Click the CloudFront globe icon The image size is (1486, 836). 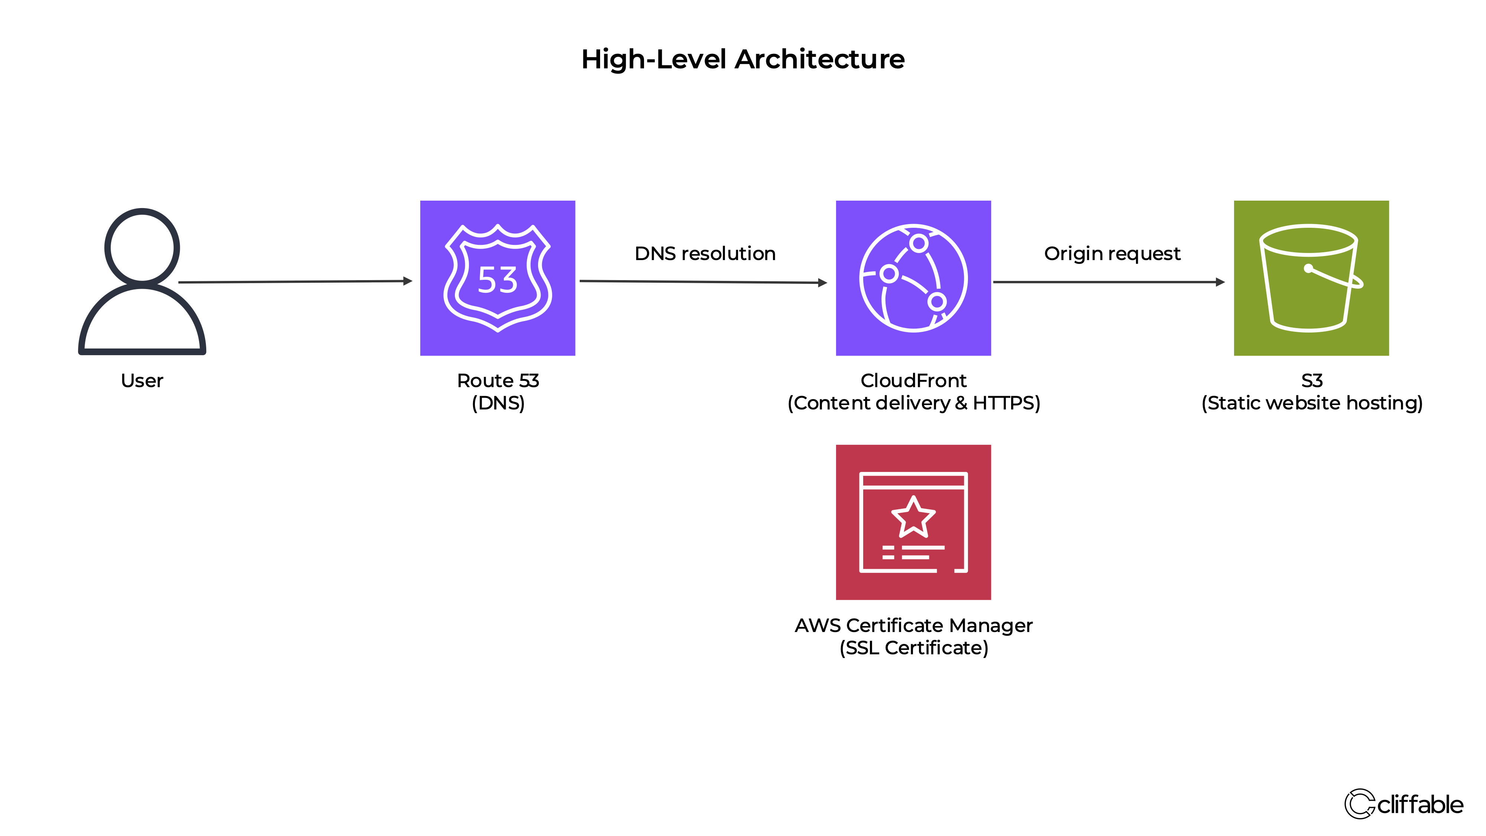click(x=913, y=278)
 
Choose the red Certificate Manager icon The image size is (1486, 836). click(x=913, y=522)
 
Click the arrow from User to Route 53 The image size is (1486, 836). click(x=294, y=282)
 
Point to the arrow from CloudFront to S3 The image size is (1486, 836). click(x=1108, y=282)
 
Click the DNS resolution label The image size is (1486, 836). click(x=705, y=254)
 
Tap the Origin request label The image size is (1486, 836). click(x=1112, y=254)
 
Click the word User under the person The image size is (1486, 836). click(x=142, y=381)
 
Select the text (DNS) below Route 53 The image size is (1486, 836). click(x=498, y=403)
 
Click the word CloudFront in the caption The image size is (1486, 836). click(x=913, y=381)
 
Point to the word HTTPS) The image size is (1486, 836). click(x=1006, y=403)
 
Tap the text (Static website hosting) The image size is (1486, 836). click(x=1312, y=403)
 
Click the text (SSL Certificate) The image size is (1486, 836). click(x=914, y=648)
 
